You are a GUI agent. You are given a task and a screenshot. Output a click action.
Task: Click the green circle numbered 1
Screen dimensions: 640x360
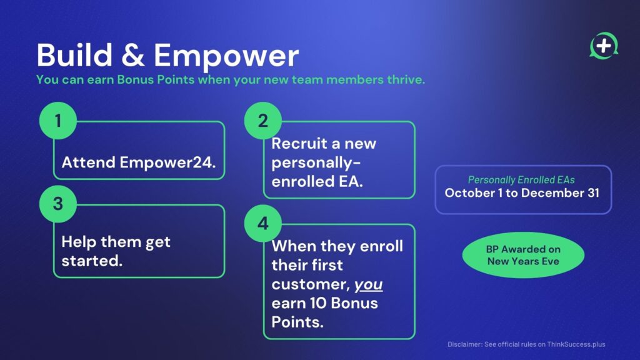click(x=58, y=121)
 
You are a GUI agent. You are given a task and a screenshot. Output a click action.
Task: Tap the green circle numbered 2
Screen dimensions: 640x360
click(x=263, y=121)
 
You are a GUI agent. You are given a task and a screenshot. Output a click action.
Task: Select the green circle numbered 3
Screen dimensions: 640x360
click(x=58, y=204)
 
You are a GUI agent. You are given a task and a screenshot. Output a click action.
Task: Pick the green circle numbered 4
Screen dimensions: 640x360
click(x=263, y=223)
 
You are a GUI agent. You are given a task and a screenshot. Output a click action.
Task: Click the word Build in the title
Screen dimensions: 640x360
click(x=75, y=55)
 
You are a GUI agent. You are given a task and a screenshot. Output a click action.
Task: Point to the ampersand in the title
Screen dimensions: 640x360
click(x=133, y=55)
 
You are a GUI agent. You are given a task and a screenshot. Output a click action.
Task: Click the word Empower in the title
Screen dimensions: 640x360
click(x=226, y=56)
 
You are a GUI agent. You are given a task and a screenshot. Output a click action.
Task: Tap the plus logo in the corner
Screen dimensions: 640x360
click(x=604, y=46)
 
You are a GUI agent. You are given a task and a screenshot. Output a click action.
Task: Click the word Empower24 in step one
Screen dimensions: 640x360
click(x=167, y=162)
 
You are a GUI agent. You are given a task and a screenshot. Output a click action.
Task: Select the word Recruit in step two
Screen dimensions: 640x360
click(x=299, y=144)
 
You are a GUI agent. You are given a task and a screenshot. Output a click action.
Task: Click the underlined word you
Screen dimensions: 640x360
click(x=369, y=284)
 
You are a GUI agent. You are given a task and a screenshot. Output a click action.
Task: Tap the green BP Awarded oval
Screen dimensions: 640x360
click(x=523, y=255)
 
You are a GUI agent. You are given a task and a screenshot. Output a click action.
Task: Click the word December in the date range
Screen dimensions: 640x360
click(x=553, y=193)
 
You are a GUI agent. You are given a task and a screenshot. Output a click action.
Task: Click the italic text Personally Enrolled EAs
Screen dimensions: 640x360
click(x=521, y=180)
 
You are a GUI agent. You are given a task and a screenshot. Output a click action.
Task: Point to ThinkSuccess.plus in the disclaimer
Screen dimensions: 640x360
click(x=576, y=344)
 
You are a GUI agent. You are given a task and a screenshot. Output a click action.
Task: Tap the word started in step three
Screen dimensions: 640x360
click(x=92, y=261)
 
